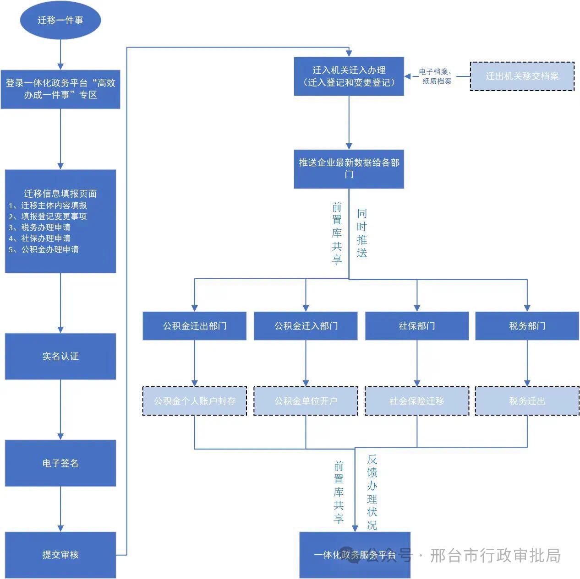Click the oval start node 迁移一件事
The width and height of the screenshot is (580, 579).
pyautogui.click(x=60, y=20)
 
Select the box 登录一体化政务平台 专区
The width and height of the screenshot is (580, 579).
pyautogui.click(x=60, y=89)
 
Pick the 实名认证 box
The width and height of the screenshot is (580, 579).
pyautogui.click(x=60, y=356)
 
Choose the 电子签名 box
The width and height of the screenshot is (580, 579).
pyautogui.click(x=60, y=463)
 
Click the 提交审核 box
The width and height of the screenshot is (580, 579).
pyautogui.click(x=60, y=555)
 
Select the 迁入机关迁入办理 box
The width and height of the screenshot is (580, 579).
pyautogui.click(x=349, y=76)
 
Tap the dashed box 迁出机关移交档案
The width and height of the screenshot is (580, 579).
pyautogui.click(x=522, y=76)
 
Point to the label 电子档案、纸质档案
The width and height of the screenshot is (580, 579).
pyautogui.click(x=436, y=76)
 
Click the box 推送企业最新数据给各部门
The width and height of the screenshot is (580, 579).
pyautogui.click(x=349, y=168)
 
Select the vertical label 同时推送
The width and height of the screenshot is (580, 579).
pyautogui.click(x=362, y=233)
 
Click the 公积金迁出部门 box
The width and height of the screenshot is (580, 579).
pyautogui.click(x=194, y=326)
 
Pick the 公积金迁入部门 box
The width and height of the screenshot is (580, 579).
pyautogui.click(x=306, y=326)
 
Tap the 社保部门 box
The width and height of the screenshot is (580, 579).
pyautogui.click(x=416, y=326)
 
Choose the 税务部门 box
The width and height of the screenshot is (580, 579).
pyautogui.click(x=527, y=326)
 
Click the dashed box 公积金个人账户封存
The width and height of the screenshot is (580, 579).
pyautogui.click(x=194, y=401)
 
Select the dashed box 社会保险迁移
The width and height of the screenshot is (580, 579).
pyautogui.click(x=416, y=401)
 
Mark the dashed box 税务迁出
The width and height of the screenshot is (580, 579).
pyautogui.click(x=527, y=401)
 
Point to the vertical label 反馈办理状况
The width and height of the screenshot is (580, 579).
pyautogui.click(x=372, y=492)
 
